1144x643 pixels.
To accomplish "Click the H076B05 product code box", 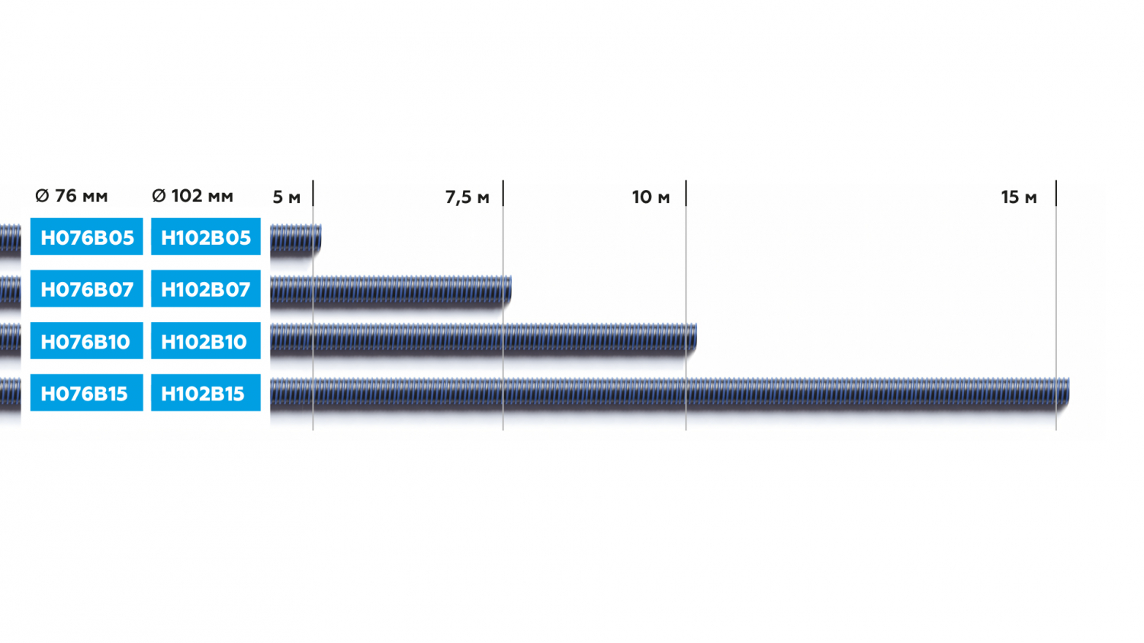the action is (x=86, y=236).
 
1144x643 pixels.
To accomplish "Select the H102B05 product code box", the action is (x=206, y=236).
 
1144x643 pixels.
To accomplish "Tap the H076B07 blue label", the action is (x=86, y=288).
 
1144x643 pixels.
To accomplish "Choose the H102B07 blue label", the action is (x=206, y=288).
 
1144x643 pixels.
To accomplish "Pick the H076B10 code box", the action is (x=86, y=341).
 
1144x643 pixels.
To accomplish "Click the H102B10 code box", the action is (x=206, y=341).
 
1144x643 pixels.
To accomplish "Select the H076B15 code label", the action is (x=86, y=393).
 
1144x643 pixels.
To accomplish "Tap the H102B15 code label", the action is (x=206, y=393).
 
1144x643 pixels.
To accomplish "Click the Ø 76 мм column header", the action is (x=72, y=195).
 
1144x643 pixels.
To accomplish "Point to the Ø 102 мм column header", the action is (x=192, y=195).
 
